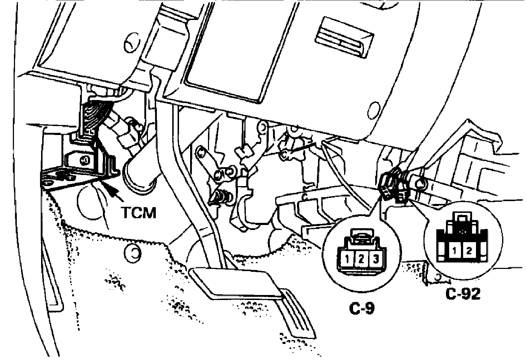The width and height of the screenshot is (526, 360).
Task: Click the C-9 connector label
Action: tap(362, 309)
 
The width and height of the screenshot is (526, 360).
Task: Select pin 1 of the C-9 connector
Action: tap(346, 259)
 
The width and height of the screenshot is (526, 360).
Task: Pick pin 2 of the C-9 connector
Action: tap(361, 259)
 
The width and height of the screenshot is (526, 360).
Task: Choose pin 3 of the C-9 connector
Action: tap(376, 259)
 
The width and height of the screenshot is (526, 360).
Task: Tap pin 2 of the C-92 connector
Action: tap(469, 250)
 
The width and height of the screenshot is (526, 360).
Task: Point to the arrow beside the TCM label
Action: tap(114, 193)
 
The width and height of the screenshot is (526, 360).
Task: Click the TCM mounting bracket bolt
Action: tap(85, 159)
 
